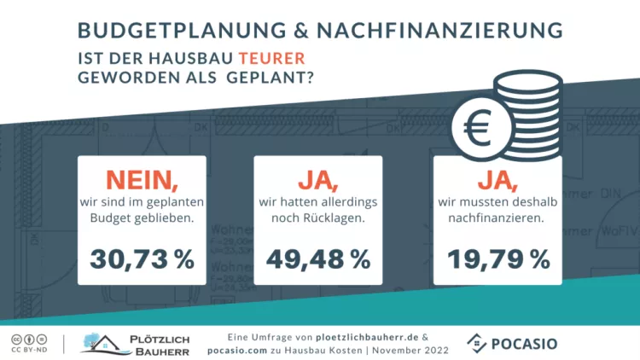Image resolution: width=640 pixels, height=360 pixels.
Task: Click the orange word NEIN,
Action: click(142, 180)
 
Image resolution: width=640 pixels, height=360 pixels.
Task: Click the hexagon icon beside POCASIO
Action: click(478, 343)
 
